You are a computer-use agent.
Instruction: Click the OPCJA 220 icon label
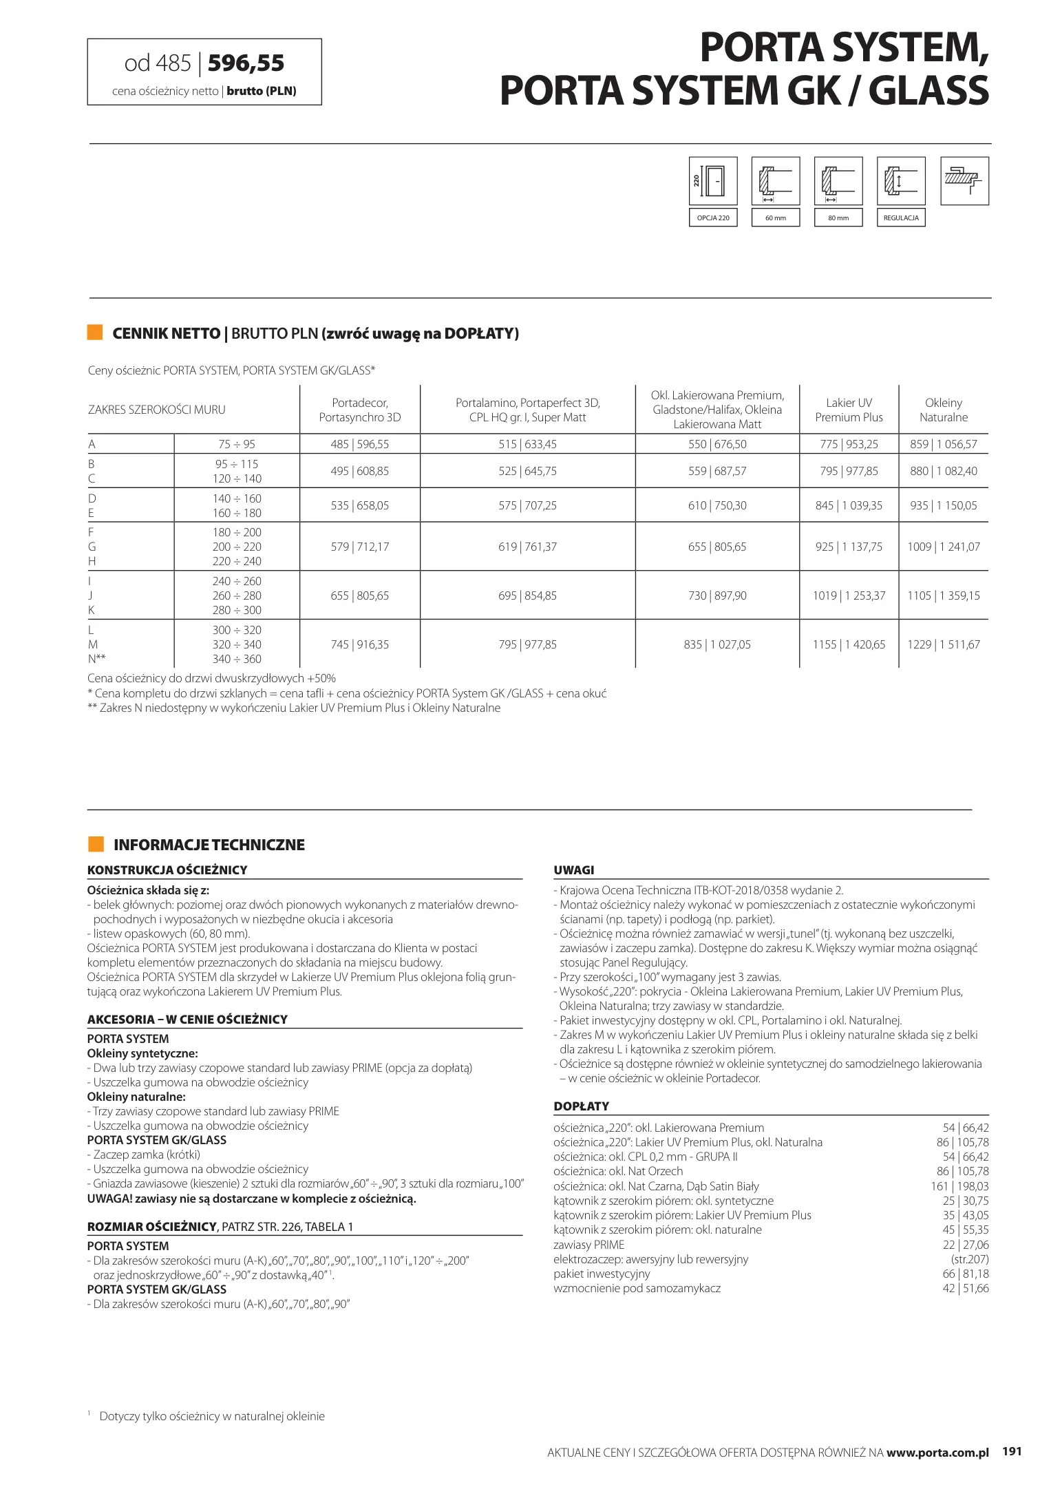pos(713,218)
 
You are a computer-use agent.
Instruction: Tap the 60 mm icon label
pos(776,218)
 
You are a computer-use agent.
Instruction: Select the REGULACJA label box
pos(901,218)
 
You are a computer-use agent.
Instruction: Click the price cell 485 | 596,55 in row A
pos(359,444)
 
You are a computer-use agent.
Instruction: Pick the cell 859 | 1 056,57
pos(943,444)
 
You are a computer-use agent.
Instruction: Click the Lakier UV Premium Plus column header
pos(849,410)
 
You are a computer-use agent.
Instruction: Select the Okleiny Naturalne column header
pos(943,410)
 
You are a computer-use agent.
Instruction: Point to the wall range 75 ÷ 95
pos(237,444)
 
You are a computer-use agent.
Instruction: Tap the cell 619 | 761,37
pos(527,547)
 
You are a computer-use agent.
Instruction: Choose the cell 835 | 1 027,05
pos(716,644)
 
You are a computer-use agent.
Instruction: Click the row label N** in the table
pos(96,659)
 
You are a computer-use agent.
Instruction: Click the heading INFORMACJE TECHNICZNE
pos(209,845)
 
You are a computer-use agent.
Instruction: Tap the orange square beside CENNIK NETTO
pos(95,333)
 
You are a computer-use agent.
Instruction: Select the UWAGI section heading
pos(573,869)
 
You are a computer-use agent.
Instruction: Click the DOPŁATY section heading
pos(581,1106)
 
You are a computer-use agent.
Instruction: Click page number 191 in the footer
pos(1012,1452)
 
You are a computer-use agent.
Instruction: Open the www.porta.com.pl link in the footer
pos(937,1453)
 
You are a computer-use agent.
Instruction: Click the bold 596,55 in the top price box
pos(246,63)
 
